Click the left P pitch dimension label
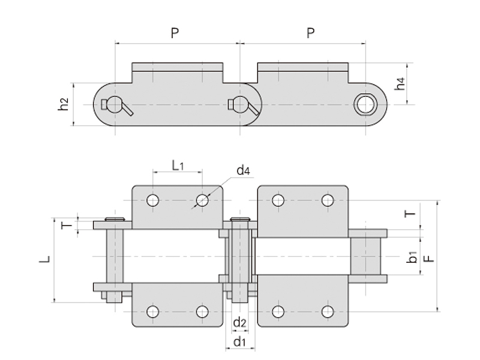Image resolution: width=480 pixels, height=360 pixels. pos(175,33)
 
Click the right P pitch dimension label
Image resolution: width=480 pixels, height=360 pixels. pos(310,33)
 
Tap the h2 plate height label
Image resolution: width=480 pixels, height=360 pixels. pos(63,104)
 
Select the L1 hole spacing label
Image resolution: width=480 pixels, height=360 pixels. pos(178,164)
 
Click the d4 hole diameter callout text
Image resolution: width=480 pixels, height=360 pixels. pos(243,171)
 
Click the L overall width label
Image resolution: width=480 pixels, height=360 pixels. pos(44,260)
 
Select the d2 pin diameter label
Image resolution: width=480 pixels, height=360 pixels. pos(240,323)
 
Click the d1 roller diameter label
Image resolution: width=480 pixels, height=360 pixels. pos(240,341)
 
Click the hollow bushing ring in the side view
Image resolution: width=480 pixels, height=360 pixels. pos(364,105)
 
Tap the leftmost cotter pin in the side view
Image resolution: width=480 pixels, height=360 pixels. pos(116,106)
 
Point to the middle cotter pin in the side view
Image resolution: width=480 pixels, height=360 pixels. pos(243,106)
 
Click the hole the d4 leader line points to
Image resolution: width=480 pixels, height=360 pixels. pos(202,200)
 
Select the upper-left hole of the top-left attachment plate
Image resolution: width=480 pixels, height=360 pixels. pos(152,200)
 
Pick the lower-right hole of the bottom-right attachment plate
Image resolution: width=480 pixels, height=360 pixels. pos(328,311)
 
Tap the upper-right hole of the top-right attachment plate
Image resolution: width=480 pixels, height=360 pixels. pos(328,200)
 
